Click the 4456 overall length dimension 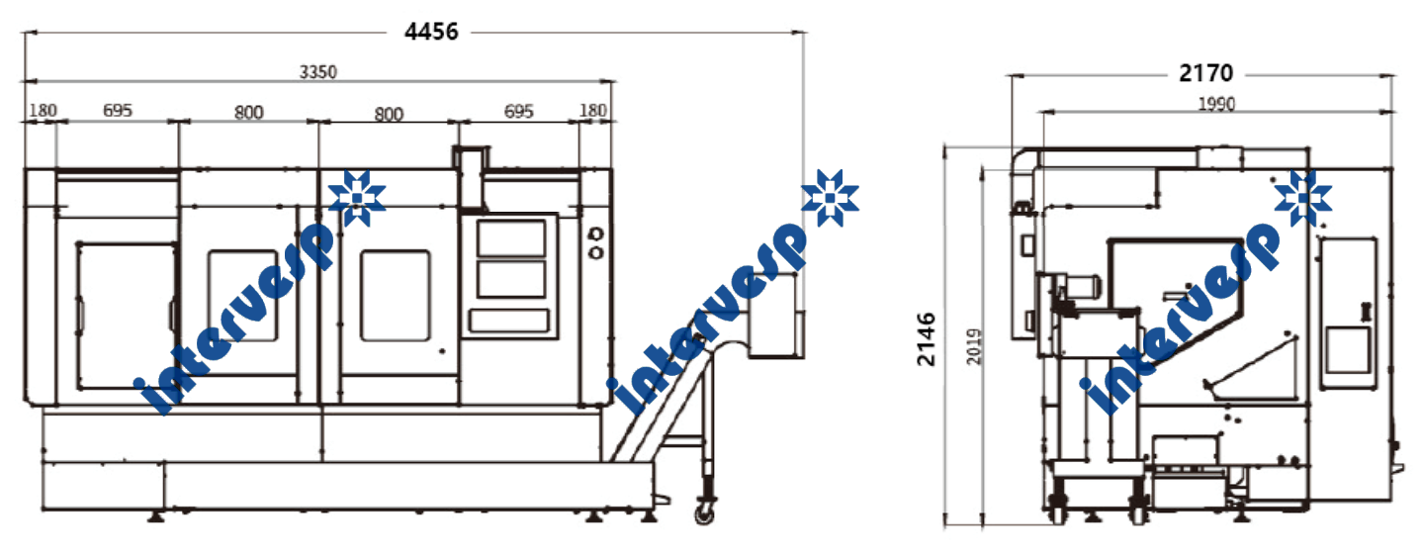pos(431,32)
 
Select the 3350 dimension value pos(318,72)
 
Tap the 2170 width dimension pos(1205,73)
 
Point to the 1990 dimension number pos(1216,104)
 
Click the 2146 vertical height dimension pos(927,339)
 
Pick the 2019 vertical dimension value pos(974,346)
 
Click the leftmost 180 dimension pos(44,111)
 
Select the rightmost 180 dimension pos(593,111)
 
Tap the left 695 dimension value pos(118,111)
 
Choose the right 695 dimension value pos(518,112)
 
